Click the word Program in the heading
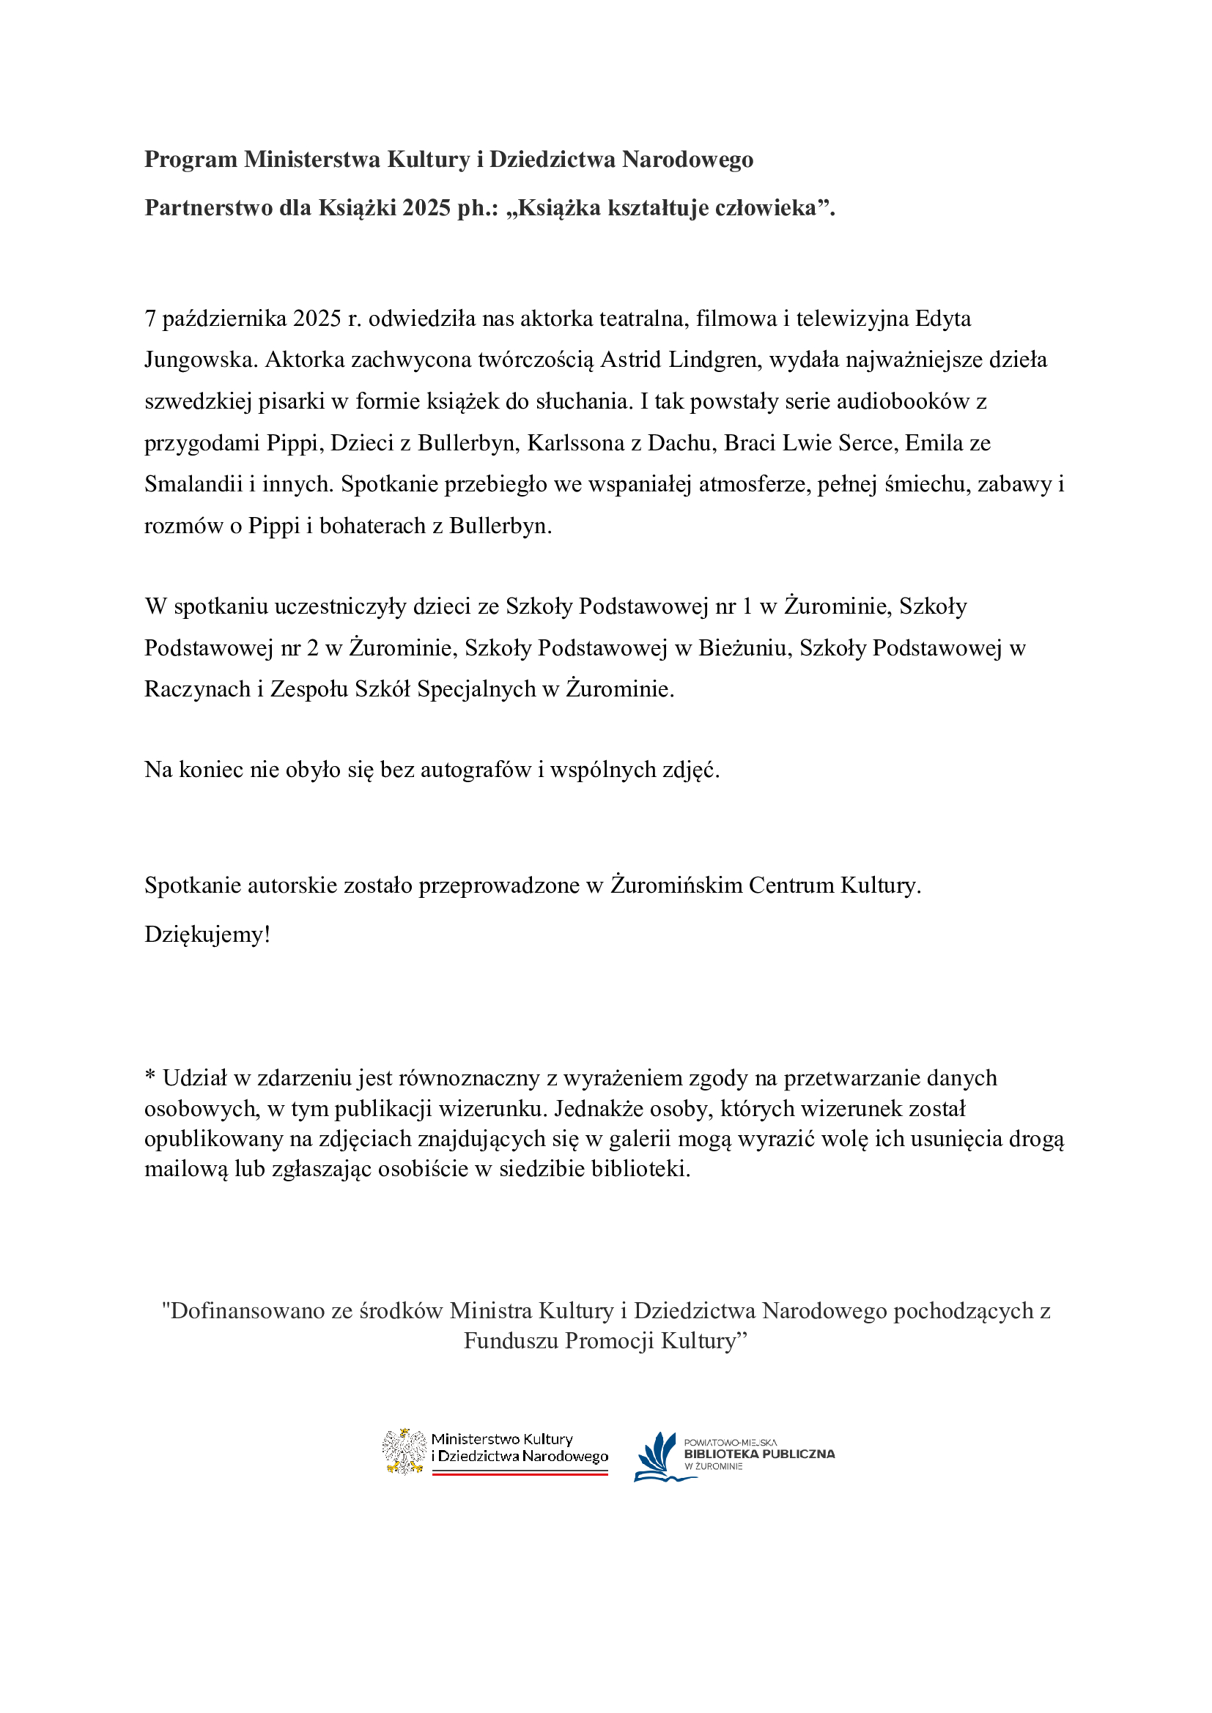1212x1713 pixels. (191, 160)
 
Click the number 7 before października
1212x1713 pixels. (150, 319)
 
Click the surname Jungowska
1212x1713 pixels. (201, 360)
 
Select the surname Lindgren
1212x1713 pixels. (714, 360)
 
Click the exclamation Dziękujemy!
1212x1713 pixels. (207, 934)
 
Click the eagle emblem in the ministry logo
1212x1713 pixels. (404, 1451)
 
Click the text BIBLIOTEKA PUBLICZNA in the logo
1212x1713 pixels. (759, 1454)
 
